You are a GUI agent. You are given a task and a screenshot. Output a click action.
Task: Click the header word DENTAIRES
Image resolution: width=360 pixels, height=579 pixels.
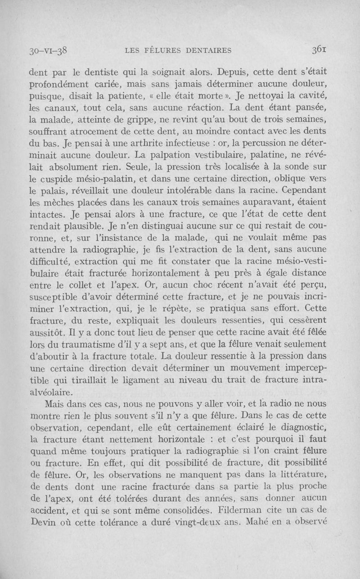[x=214, y=49]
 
